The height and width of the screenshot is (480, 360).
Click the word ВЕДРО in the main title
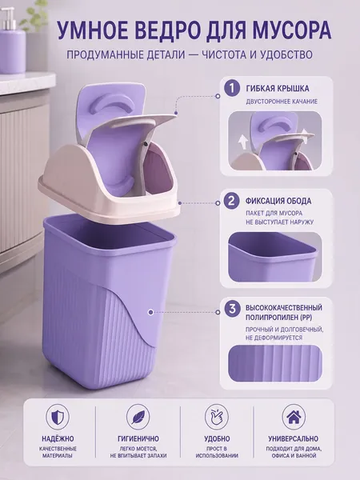point(158,30)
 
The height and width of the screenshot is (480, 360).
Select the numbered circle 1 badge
point(232,89)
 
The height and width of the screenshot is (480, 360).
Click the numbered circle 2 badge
point(232,201)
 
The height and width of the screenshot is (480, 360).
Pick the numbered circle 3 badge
point(232,309)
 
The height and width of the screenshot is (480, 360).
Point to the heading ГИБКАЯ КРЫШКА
point(278,89)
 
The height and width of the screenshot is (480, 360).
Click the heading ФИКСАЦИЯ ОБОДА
point(278,201)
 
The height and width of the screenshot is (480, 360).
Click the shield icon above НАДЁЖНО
point(58,417)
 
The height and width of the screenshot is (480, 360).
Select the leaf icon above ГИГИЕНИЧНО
point(138,417)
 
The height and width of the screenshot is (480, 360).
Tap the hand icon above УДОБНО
point(217,417)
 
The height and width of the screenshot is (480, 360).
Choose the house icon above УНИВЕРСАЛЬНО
point(294,417)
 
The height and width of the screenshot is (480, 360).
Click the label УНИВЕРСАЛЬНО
point(294,438)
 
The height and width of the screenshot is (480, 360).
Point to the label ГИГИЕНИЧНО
point(138,438)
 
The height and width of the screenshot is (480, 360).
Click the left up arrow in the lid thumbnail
point(244,142)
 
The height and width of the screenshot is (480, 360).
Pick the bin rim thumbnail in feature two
point(275,257)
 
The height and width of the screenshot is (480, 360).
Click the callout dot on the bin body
point(150,312)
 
